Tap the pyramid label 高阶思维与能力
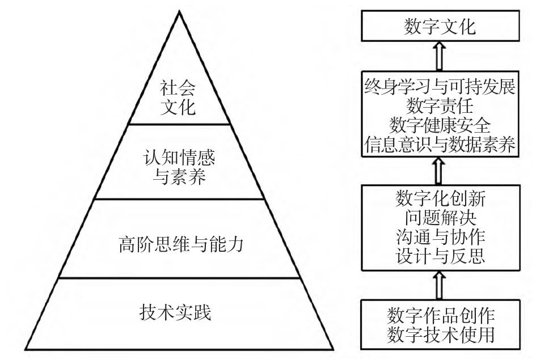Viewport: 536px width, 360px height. (x=179, y=244)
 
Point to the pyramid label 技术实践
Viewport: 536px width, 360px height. (x=179, y=312)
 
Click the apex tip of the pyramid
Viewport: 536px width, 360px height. (x=180, y=12)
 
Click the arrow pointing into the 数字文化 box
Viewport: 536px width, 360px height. (x=439, y=56)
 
